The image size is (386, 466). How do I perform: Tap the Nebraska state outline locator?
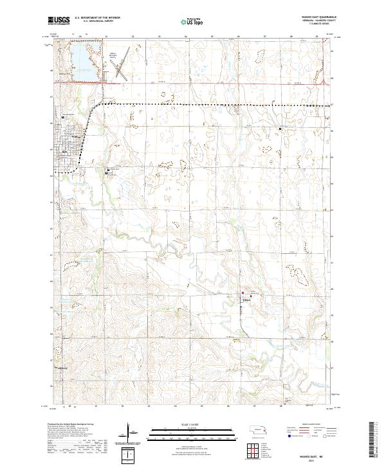[x=259, y=429]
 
